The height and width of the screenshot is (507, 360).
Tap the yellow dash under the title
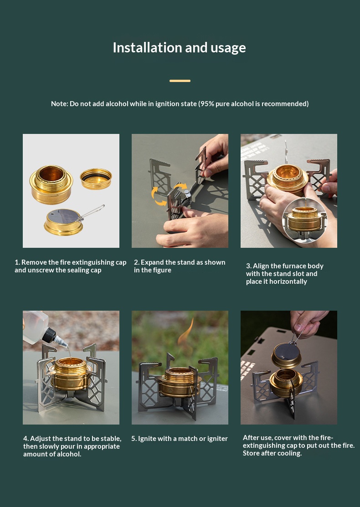180,81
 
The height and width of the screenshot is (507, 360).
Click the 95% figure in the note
206,104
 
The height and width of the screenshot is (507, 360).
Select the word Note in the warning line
59,104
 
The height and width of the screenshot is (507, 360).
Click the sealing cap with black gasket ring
96,179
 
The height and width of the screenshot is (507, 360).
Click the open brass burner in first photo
51,184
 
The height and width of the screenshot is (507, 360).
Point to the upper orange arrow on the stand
180,186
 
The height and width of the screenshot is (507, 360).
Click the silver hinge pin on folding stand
187,195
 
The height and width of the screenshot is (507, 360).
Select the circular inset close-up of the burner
304,220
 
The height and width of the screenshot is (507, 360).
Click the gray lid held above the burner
286,355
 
